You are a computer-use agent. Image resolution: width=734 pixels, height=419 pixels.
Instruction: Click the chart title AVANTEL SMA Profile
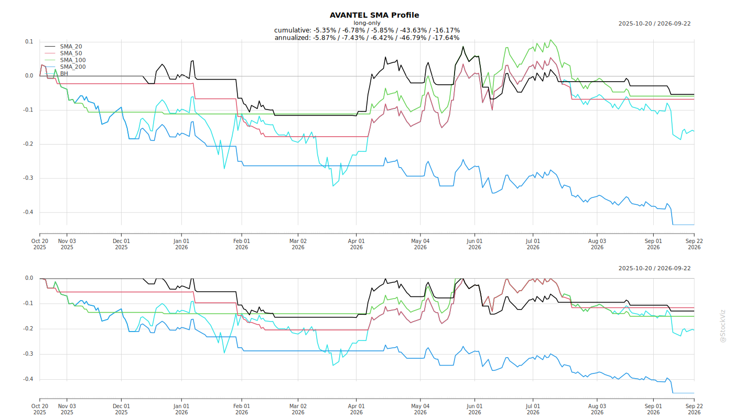click(374, 15)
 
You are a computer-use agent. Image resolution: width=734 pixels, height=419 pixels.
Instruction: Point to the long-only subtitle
click(367, 23)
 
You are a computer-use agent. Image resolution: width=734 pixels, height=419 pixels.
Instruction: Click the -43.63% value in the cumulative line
click(412, 30)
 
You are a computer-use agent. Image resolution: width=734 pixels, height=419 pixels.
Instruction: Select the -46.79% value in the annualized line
click(412, 38)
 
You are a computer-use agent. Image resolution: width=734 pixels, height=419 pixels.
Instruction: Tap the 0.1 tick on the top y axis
click(29, 41)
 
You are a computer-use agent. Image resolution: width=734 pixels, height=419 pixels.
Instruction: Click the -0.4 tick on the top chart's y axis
click(28, 212)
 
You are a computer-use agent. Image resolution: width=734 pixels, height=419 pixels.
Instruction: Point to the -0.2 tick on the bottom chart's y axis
click(28, 329)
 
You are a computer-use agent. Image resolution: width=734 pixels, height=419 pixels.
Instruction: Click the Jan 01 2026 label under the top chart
click(181, 244)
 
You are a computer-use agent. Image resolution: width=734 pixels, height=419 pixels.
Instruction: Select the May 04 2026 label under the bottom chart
click(420, 409)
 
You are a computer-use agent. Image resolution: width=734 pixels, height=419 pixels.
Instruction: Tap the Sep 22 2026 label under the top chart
click(694, 244)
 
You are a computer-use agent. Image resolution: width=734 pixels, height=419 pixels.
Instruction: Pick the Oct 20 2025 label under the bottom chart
click(40, 409)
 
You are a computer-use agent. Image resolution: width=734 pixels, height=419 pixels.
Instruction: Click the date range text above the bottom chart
click(654, 268)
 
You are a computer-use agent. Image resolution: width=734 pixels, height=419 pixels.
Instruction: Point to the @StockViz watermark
click(723, 326)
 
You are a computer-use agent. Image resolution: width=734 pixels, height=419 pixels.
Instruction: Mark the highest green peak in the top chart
click(551, 40)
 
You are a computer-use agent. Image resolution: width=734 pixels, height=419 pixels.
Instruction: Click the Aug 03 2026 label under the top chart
click(597, 244)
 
